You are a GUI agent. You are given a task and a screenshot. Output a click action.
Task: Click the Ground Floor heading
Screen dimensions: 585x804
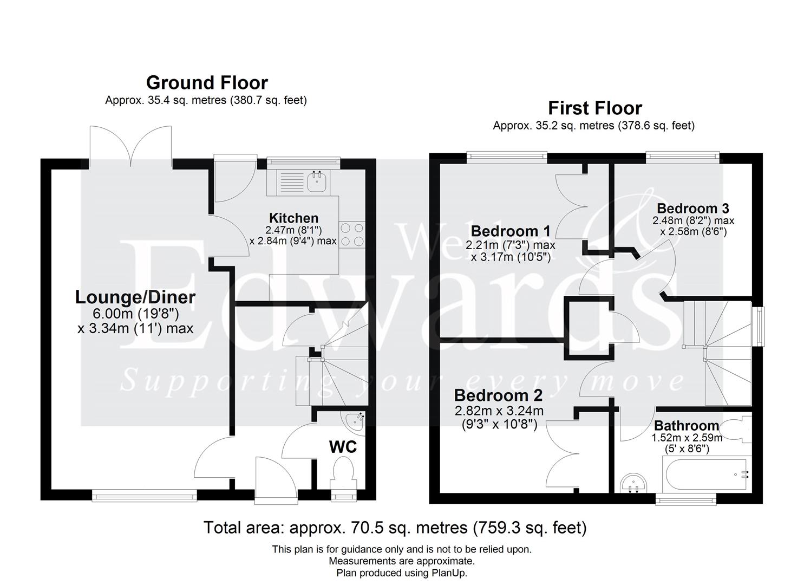(207, 83)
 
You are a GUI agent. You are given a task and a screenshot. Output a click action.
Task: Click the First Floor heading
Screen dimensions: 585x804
(594, 108)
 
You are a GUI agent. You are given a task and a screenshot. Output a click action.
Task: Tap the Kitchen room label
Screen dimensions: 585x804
(293, 218)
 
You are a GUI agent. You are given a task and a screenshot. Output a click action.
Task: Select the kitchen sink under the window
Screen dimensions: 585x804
(316, 182)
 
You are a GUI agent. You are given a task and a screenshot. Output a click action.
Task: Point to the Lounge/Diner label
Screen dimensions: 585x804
(135, 297)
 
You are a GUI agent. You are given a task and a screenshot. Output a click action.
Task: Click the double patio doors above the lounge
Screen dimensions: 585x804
(131, 145)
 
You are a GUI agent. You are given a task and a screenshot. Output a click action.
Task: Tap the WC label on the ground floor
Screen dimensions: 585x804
(343, 447)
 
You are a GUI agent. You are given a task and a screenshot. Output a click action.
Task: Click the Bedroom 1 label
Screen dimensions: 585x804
(511, 231)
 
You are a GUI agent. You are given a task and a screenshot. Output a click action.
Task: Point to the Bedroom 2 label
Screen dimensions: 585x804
(498, 395)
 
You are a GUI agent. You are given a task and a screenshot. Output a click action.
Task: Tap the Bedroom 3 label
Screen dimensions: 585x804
(692, 209)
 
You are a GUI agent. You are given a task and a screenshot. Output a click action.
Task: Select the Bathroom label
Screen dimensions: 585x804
(687, 426)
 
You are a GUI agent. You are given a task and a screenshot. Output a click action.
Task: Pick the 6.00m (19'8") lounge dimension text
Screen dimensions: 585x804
(135, 314)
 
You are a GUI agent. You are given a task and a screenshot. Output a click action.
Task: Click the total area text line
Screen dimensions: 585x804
(395, 527)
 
